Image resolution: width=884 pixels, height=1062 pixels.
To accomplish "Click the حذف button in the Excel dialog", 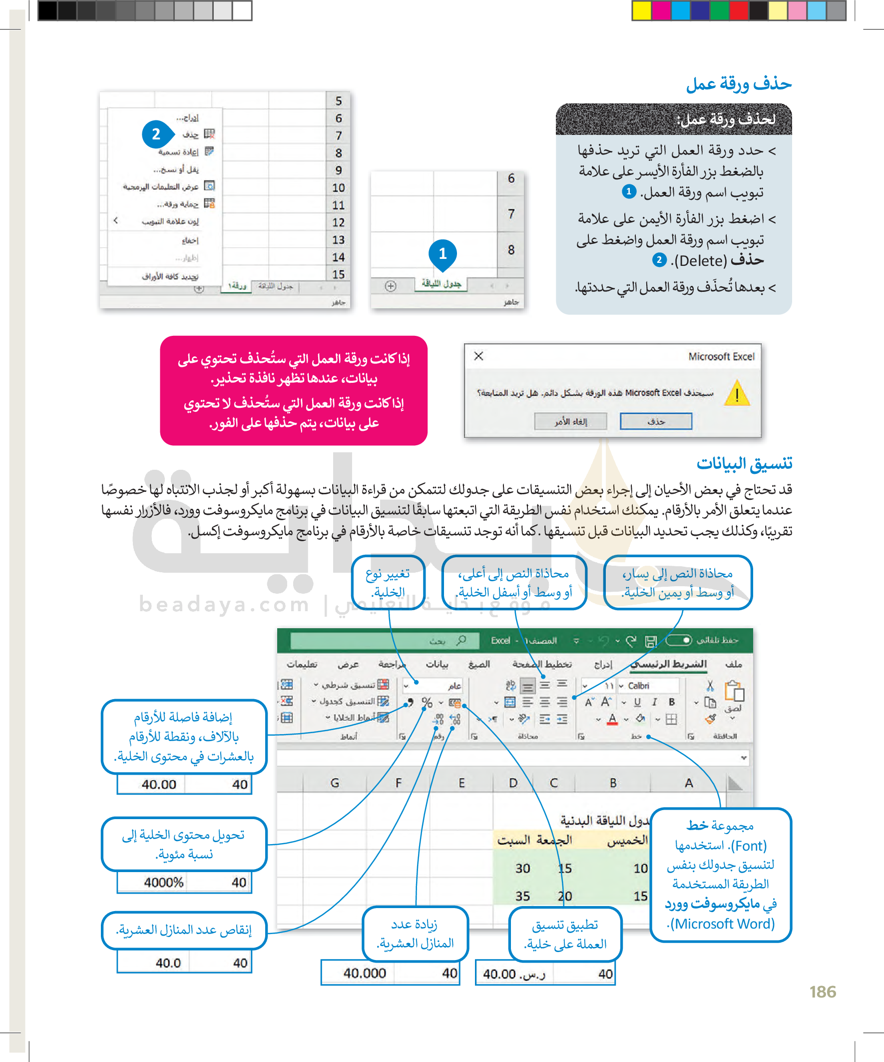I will pyautogui.click(x=656, y=421).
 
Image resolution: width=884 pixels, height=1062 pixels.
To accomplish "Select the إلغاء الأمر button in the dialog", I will pyautogui.click(x=570, y=421).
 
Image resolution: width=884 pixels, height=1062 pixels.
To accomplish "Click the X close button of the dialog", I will pyautogui.click(x=478, y=356).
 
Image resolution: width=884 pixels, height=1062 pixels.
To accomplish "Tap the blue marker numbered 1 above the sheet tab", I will pyautogui.click(x=442, y=253).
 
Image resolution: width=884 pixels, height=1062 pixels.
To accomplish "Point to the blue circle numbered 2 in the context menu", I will pyautogui.click(x=156, y=134).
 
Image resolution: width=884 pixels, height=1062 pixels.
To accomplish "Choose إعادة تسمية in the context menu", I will pyautogui.click(x=178, y=152).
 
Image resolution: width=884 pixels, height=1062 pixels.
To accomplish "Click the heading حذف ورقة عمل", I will pyautogui.click(x=739, y=84).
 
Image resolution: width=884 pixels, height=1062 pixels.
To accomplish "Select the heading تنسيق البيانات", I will pyautogui.click(x=744, y=463).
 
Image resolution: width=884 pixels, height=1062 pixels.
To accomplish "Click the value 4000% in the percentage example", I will pyautogui.click(x=163, y=883).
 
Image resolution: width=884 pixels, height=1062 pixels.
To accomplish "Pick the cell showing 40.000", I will pyautogui.click(x=365, y=973).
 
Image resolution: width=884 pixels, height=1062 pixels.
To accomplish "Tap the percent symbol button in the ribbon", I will pyautogui.click(x=427, y=703).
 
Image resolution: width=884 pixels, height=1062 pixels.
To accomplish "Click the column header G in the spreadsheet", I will pyautogui.click(x=335, y=783).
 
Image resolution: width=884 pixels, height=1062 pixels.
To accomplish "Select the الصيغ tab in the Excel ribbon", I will pyautogui.click(x=478, y=664).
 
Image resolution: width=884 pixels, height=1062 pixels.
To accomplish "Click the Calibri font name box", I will pyautogui.click(x=639, y=686).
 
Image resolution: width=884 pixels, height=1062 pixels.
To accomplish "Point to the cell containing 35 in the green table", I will pyautogui.click(x=522, y=896).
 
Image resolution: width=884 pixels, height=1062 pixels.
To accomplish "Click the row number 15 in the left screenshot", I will pyautogui.click(x=338, y=274).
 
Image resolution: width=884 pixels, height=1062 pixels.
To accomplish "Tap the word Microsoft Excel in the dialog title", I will pyautogui.click(x=721, y=356).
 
